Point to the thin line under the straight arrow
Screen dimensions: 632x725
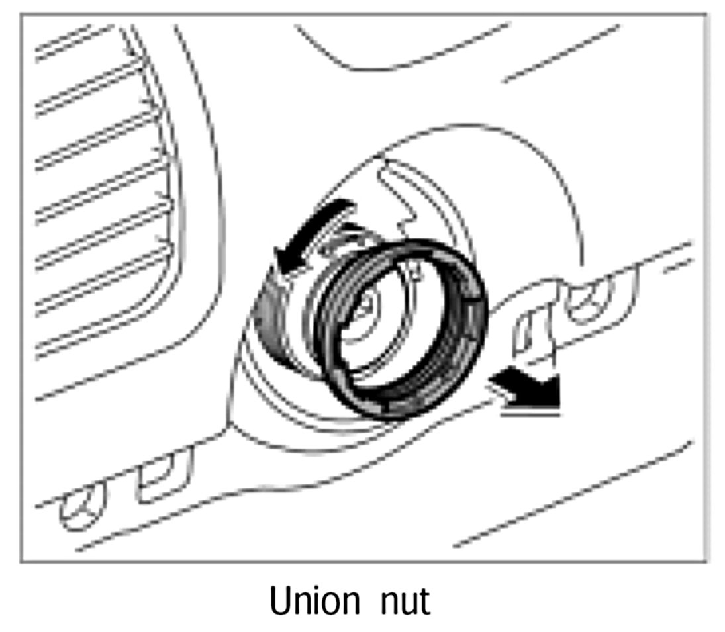pyautogui.click(x=530, y=413)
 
